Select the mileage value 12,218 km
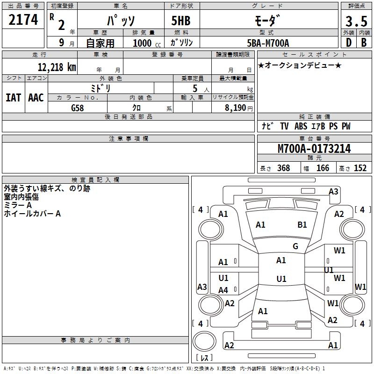click(x=57, y=67)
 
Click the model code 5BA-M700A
click(x=268, y=43)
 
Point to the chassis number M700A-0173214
click(x=314, y=149)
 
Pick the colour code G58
click(x=78, y=108)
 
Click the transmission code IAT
click(x=13, y=98)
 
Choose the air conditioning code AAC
click(x=36, y=98)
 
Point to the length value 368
click(x=283, y=168)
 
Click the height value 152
click(x=360, y=168)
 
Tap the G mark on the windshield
click(x=295, y=246)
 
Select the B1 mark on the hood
click(x=302, y=225)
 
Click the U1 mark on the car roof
click(x=281, y=279)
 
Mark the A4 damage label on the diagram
click(x=223, y=290)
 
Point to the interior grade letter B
click(x=363, y=43)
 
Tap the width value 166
click(x=323, y=168)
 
